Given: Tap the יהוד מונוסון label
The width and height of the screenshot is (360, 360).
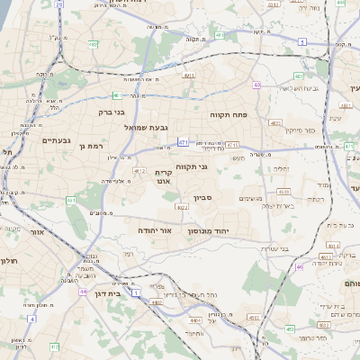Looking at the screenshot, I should click(209, 231).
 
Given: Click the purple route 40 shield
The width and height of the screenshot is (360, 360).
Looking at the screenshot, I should click(256, 85).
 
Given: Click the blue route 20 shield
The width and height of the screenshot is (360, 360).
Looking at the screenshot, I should click(59, 4).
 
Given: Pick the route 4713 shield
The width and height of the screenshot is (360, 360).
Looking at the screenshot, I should click(232, 144).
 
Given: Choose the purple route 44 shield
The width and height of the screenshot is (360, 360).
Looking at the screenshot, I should click(83, 292).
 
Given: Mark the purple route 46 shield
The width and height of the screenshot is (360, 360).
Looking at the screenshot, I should click(300, 266).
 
